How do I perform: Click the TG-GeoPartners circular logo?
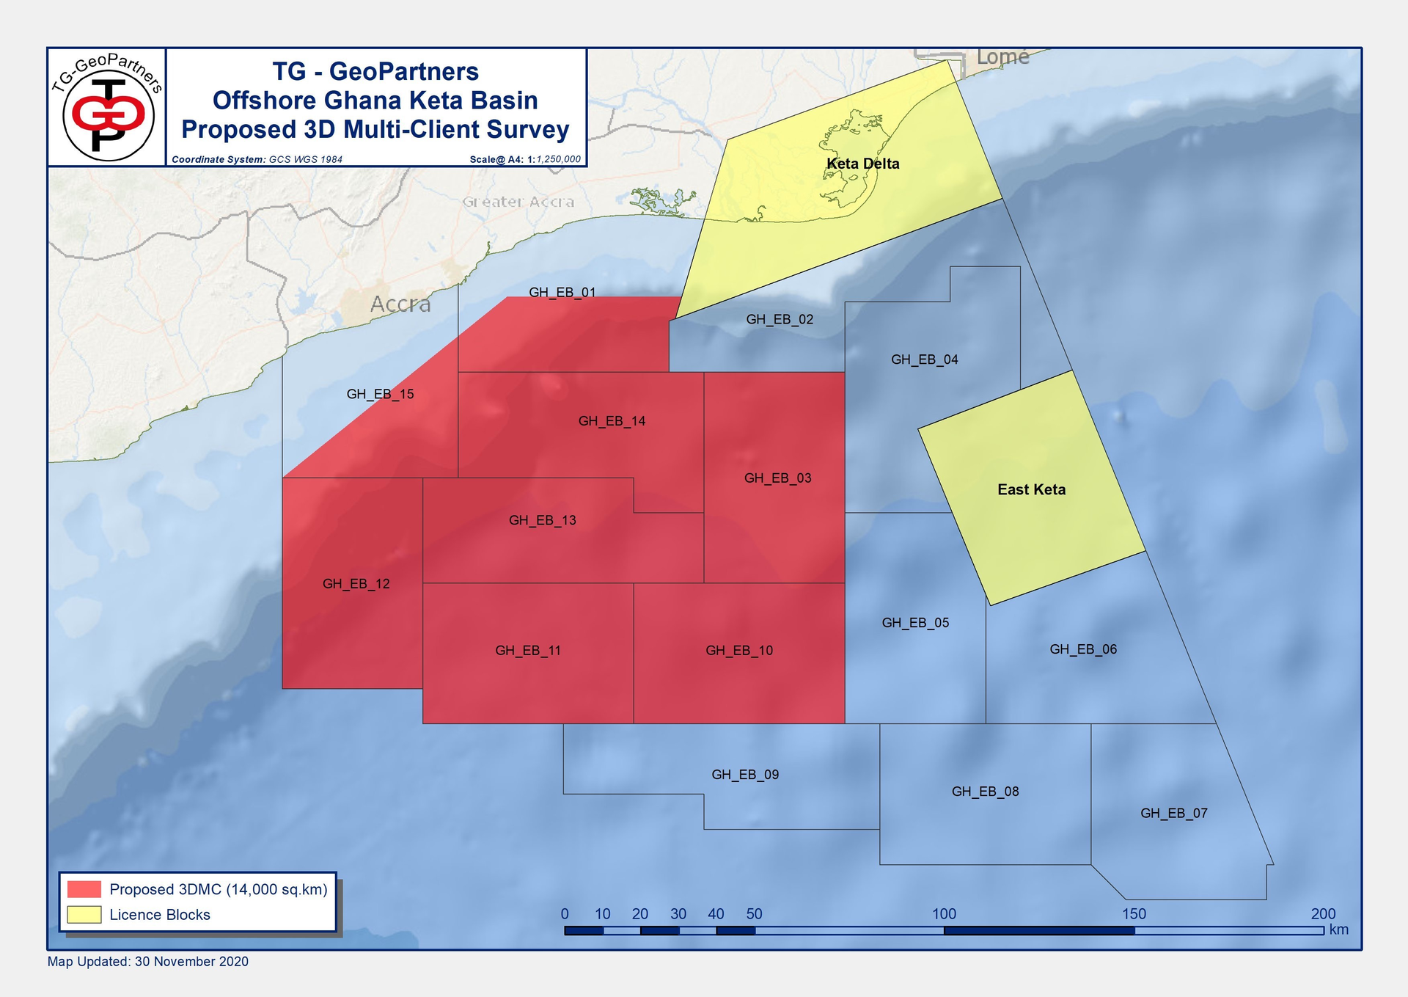pyautogui.click(x=108, y=108)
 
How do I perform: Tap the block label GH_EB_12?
pyautogui.click(x=356, y=584)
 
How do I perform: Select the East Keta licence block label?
pyautogui.click(x=1031, y=489)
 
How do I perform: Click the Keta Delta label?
pyautogui.click(x=862, y=164)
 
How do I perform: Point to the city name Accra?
pyautogui.click(x=400, y=304)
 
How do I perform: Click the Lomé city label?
pyautogui.click(x=1002, y=57)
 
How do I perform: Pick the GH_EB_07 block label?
pyautogui.click(x=1173, y=813)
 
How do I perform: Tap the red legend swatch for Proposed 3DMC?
pyautogui.click(x=84, y=889)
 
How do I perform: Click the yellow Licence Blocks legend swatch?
pyautogui.click(x=84, y=915)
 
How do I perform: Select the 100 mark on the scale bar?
pyautogui.click(x=944, y=914)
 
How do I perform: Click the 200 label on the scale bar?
pyautogui.click(x=1323, y=914)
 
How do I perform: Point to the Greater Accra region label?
pyautogui.click(x=518, y=202)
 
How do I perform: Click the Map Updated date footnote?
pyautogui.click(x=148, y=961)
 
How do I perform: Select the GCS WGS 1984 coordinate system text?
pyautogui.click(x=305, y=159)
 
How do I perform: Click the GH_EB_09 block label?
pyautogui.click(x=745, y=775)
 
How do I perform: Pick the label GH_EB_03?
pyautogui.click(x=777, y=478)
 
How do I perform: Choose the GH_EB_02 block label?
pyautogui.click(x=780, y=319)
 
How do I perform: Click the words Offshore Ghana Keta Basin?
pyautogui.click(x=375, y=101)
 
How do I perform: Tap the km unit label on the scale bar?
pyautogui.click(x=1338, y=930)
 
